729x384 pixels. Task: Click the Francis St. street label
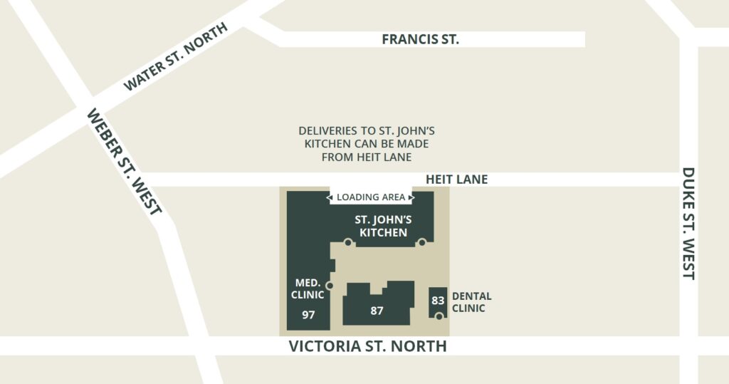420,39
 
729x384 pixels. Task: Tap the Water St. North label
175,57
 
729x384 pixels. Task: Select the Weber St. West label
125,161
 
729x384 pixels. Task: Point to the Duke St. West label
688,223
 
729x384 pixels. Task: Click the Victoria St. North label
367,346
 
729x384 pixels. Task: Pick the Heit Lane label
456,180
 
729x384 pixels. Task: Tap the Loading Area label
370,197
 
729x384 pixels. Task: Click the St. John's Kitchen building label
383,227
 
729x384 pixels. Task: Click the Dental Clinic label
471,302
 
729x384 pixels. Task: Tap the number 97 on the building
308,314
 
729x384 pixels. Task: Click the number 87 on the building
377,311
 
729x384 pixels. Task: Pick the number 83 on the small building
438,301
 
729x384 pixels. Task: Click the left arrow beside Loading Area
330,197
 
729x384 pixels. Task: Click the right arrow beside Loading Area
411,197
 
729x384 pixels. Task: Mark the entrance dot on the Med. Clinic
329,286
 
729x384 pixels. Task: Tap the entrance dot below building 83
439,316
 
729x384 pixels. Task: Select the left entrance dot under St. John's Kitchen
347,243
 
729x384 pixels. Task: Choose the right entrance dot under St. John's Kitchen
421,243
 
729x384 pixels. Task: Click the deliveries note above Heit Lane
367,144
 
